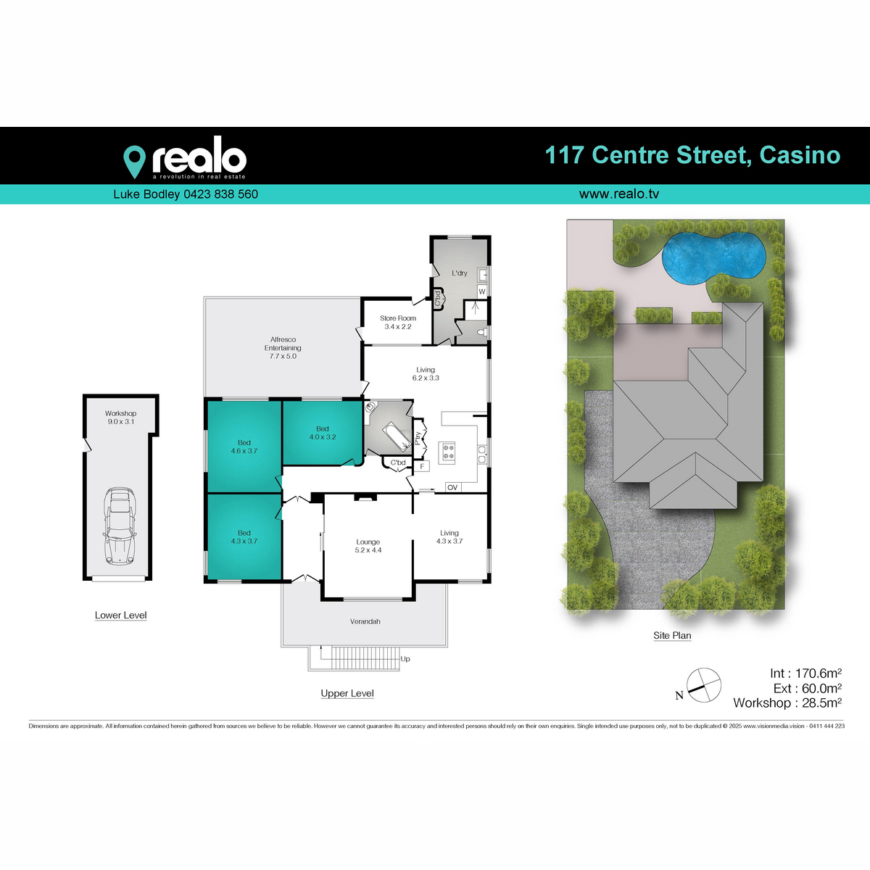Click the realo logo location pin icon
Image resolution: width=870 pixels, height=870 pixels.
coord(134,161)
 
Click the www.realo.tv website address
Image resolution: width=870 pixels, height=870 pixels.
coord(618,194)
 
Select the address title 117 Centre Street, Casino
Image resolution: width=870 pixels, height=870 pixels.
coord(692,155)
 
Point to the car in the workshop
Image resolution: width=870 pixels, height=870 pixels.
coord(120,525)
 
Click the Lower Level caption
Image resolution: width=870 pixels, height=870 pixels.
coord(120,616)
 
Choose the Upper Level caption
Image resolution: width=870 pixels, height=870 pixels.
coord(347,694)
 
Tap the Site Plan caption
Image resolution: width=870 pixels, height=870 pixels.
coord(672,636)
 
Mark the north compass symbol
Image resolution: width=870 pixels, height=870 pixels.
coord(704,684)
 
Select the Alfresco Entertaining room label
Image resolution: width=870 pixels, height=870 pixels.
coord(283,348)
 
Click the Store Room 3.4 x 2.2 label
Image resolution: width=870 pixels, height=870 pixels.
coord(398,323)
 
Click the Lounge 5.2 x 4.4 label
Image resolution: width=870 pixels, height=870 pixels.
coord(368,546)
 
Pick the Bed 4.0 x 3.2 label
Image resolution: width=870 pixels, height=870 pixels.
coord(323,433)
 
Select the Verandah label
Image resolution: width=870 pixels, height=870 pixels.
coord(365,622)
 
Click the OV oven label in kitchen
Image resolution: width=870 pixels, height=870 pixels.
coord(452,487)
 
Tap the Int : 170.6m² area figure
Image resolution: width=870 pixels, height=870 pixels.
coord(805,674)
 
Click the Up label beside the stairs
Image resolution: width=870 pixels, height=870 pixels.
coord(405,659)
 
